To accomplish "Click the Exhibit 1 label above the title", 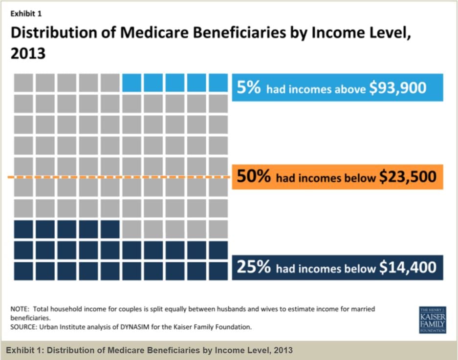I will [x=26, y=14].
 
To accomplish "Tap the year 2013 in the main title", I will [x=28, y=53].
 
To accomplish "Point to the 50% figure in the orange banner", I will [x=254, y=176].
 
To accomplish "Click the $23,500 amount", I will [x=407, y=176].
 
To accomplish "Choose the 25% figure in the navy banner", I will [x=254, y=267].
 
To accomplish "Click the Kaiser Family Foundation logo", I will [x=432, y=320].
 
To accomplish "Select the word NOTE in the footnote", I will [x=20, y=309].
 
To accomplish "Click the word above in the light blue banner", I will [x=349, y=88].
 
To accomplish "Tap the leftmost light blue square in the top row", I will [x=131, y=83].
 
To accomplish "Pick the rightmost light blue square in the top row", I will [x=218, y=83].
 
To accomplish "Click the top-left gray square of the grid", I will [x=23, y=83].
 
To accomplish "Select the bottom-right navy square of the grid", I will [x=218, y=271].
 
